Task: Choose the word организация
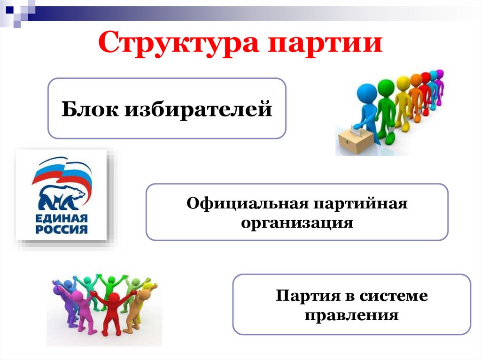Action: click(x=297, y=223)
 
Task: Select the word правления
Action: click(x=351, y=314)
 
